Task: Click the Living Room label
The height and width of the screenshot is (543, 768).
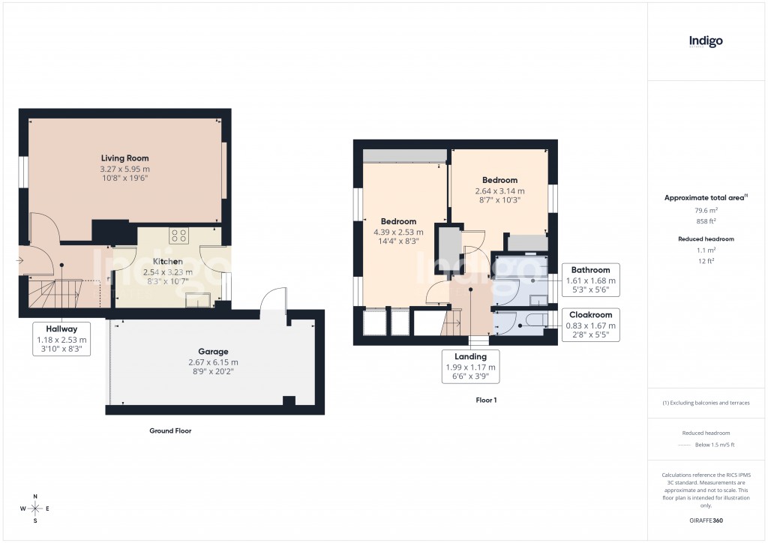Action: pyautogui.click(x=125, y=158)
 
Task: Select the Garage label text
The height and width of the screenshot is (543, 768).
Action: pyautogui.click(x=213, y=351)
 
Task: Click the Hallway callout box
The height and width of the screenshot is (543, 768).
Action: pyautogui.click(x=62, y=339)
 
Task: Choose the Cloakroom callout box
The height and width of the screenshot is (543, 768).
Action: pyautogui.click(x=590, y=325)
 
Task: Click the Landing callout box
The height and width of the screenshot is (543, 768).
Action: pyautogui.click(x=470, y=367)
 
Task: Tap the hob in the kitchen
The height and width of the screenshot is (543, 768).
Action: pyautogui.click(x=179, y=235)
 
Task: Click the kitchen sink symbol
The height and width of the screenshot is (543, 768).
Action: pyautogui.click(x=199, y=300)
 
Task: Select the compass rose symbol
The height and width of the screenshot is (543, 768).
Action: pyautogui.click(x=34, y=508)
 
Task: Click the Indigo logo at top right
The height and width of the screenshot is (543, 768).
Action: pyautogui.click(x=706, y=42)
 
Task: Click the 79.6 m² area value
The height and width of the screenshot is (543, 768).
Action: pyautogui.click(x=705, y=211)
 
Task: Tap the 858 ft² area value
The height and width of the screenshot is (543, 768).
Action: pyautogui.click(x=705, y=221)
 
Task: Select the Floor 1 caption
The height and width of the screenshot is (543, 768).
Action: pyautogui.click(x=486, y=400)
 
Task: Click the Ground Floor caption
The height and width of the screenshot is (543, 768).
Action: pyautogui.click(x=170, y=431)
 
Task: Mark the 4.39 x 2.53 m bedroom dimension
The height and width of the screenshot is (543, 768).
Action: pyautogui.click(x=398, y=232)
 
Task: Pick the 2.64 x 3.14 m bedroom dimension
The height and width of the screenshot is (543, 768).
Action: pyautogui.click(x=499, y=190)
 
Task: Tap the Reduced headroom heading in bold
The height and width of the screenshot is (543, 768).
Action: pyautogui.click(x=705, y=238)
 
